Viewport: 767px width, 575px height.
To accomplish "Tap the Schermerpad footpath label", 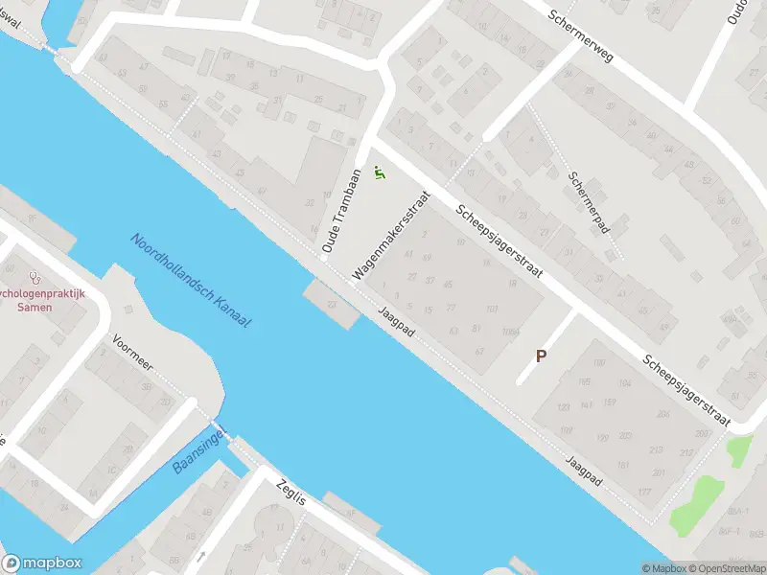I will [589, 203].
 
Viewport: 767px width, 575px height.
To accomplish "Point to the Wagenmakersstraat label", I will [390, 235].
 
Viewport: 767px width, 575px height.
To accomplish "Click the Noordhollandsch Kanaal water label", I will [191, 282].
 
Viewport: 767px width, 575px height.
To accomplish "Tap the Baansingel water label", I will [198, 452].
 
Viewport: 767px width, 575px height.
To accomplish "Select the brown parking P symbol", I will [541, 356].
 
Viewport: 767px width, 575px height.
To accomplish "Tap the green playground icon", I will [380, 173].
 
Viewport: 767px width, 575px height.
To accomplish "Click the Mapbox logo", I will [42, 563].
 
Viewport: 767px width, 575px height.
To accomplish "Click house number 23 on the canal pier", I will [333, 304].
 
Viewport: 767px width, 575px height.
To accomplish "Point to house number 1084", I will [508, 332].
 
